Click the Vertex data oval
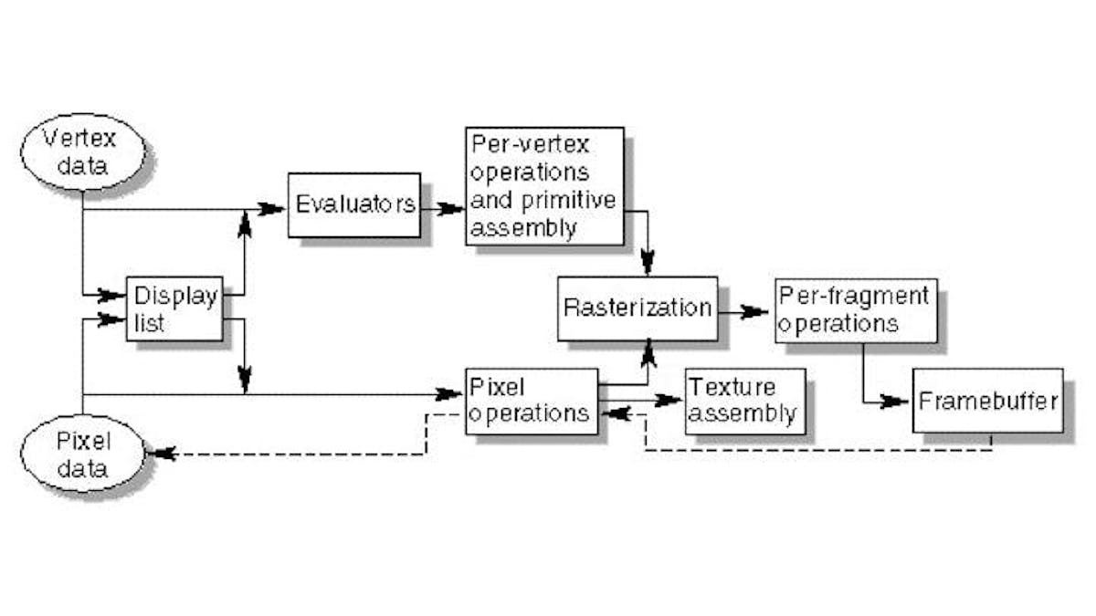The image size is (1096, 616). click(82, 152)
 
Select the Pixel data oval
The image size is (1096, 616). click(82, 456)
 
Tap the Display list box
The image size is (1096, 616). click(174, 308)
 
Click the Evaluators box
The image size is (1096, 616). click(353, 204)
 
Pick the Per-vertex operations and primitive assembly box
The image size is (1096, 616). click(543, 185)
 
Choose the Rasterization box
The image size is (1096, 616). click(637, 308)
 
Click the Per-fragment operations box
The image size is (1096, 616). click(856, 310)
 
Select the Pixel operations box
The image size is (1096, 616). click(532, 401)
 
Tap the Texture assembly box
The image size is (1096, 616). click(745, 400)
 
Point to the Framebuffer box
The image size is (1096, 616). click(987, 401)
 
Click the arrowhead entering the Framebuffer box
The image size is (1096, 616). click(894, 402)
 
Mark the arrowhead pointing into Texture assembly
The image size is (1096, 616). click(669, 400)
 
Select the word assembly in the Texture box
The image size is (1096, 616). click(743, 413)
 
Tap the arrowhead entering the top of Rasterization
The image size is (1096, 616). click(648, 263)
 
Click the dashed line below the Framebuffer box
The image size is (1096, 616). click(822, 450)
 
